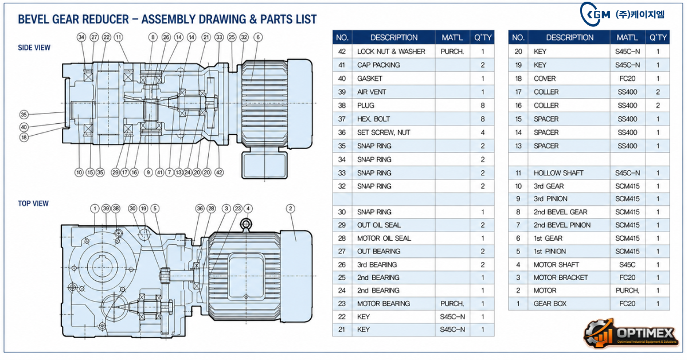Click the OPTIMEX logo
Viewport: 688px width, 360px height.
[x=631, y=334]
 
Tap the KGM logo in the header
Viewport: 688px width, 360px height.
[x=621, y=14]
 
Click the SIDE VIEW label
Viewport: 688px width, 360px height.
[x=34, y=48]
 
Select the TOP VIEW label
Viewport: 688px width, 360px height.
[x=33, y=204]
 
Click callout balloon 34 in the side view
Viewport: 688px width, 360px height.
[x=81, y=37]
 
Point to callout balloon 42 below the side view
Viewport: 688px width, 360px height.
[x=219, y=173]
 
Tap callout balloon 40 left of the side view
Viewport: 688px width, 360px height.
[x=24, y=127]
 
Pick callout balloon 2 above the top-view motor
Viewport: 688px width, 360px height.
[x=290, y=209]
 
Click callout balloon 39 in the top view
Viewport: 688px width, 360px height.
[x=106, y=209]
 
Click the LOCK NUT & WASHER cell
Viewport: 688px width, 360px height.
[x=393, y=51]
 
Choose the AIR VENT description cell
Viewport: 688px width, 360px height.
[x=393, y=92]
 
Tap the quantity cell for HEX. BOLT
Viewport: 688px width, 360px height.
[x=482, y=119]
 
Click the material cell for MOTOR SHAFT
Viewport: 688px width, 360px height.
[x=627, y=264]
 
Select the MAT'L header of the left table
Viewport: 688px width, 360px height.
[x=452, y=37]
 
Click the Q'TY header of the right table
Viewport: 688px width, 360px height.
[x=658, y=37]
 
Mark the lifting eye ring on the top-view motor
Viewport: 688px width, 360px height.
[x=246, y=224]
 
